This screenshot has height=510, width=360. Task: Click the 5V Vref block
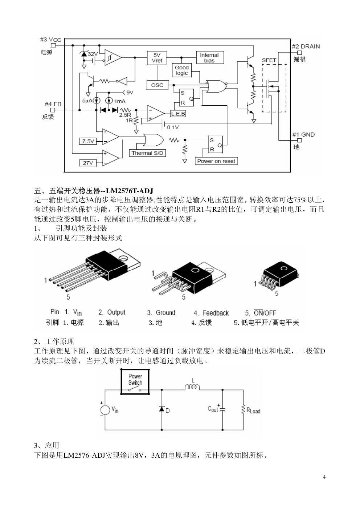click(x=157, y=58)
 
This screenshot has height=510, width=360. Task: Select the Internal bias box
click(x=209, y=58)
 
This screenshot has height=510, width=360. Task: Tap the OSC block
click(x=157, y=85)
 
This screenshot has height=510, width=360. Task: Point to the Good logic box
click(x=181, y=70)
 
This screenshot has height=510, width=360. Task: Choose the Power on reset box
click(x=216, y=161)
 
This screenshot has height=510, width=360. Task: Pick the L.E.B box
click(x=178, y=114)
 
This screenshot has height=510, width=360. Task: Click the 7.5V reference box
click(x=88, y=141)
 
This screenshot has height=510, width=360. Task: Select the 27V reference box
click(x=88, y=163)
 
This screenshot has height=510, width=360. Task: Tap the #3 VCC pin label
click(x=50, y=39)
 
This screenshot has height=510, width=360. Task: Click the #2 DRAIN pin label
click(x=306, y=46)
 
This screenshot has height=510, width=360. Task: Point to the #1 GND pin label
click(x=303, y=134)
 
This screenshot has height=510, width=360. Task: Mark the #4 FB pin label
click(x=53, y=104)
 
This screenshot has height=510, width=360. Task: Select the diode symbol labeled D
click(x=161, y=409)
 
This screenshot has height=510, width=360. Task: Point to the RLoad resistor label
click(x=253, y=410)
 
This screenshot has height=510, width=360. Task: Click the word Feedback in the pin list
click(x=216, y=313)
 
